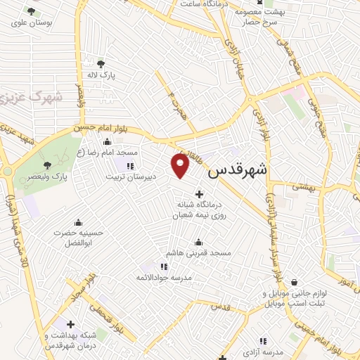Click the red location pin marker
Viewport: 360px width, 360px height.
(181, 165)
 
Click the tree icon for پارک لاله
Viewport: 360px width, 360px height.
(102, 63)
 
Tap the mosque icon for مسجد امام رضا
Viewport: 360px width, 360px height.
(106, 142)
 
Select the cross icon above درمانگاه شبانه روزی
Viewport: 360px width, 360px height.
(199, 193)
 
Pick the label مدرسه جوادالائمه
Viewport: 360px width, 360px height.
(164, 277)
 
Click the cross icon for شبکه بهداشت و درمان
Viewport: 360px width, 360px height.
(70, 324)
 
